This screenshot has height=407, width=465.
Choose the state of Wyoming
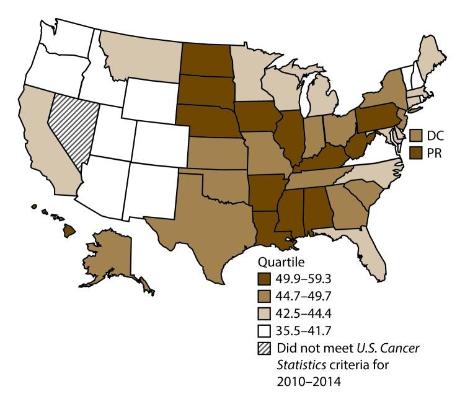151,99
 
